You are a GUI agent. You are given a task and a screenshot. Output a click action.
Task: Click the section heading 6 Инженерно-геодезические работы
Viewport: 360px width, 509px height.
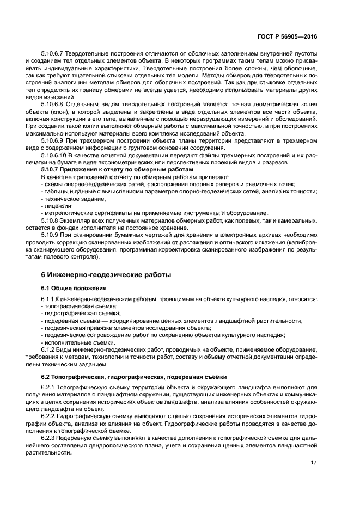[106, 275]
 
